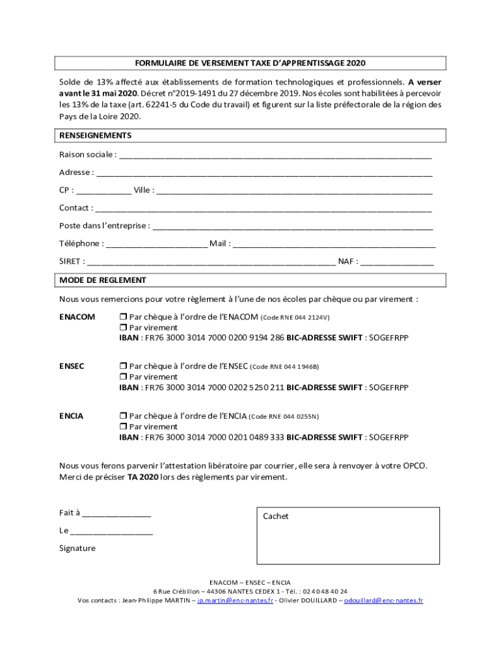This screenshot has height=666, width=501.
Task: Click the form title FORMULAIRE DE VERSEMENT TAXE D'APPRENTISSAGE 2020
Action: click(250, 63)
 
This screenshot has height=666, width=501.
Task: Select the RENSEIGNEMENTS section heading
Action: click(95, 135)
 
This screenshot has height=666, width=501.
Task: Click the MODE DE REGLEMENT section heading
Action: click(103, 280)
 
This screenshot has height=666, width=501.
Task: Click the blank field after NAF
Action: click(397, 263)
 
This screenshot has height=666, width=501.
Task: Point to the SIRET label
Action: click(70, 261)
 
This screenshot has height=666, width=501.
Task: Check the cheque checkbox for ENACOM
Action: click(123, 317)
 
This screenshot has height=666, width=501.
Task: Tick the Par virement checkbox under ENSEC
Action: click(123, 377)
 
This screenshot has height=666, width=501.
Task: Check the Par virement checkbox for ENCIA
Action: click(123, 427)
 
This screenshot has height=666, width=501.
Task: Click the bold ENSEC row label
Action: click(72, 366)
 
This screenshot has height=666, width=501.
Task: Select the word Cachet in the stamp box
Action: click(275, 516)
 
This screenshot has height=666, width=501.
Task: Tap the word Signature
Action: click(77, 548)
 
